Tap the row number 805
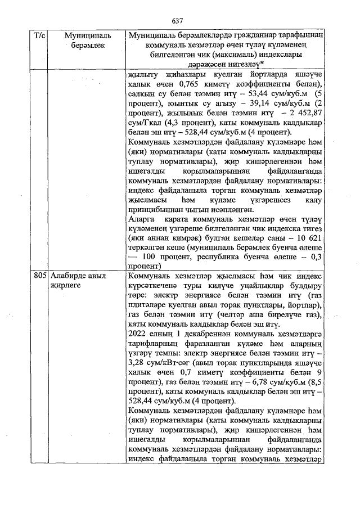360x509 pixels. tap(40, 276)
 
